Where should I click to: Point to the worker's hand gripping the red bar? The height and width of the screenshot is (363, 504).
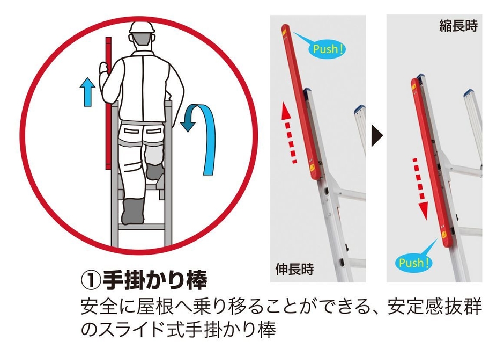105,69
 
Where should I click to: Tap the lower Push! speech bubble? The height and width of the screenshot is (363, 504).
414,263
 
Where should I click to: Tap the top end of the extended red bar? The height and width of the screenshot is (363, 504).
284,30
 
